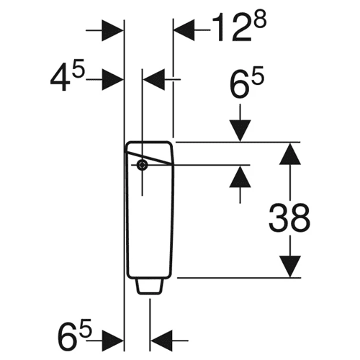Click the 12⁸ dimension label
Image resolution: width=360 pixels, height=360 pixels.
click(239, 27)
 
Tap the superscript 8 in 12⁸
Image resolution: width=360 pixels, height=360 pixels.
click(260, 20)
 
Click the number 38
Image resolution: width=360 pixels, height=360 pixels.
click(289, 218)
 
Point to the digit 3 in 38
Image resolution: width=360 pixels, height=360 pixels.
click(279, 218)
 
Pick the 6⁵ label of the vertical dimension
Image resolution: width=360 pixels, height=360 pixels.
click(246, 82)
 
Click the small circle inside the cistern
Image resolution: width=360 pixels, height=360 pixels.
click(142, 165)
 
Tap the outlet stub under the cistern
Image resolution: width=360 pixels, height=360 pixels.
click(150, 287)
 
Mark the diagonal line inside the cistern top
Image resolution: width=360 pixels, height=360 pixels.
click(149, 158)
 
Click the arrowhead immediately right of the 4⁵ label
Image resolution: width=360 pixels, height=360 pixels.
click(112, 79)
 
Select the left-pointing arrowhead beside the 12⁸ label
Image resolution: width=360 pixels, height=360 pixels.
click(184, 30)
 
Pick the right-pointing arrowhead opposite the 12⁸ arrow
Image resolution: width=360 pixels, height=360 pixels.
click(112, 30)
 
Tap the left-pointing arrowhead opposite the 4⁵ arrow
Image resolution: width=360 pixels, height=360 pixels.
click(154, 79)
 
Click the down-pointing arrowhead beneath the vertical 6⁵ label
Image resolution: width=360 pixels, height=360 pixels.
click(240, 130)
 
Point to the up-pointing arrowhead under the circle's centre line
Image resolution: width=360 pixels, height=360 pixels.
click(240, 176)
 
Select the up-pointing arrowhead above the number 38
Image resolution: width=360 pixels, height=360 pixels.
click(290, 154)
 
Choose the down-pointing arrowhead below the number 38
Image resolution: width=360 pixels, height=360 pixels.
click(290, 266)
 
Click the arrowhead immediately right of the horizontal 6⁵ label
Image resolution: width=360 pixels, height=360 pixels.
click(112, 341)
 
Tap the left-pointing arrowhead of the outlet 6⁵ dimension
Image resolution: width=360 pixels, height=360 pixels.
click(162, 341)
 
